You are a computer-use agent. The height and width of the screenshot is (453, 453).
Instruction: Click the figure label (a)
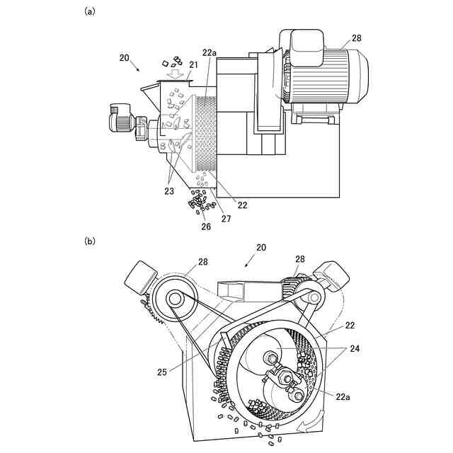[90, 12]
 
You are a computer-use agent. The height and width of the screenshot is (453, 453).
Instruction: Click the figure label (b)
[90, 241]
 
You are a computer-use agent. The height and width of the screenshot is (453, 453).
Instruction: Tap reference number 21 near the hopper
[193, 65]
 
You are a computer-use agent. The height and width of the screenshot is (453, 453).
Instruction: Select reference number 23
[169, 191]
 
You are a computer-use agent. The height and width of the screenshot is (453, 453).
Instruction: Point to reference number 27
[226, 219]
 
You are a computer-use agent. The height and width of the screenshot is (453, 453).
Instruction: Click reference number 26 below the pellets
[206, 226]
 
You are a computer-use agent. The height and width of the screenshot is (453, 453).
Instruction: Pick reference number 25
[162, 372]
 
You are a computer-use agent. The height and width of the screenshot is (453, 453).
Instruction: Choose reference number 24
[355, 349]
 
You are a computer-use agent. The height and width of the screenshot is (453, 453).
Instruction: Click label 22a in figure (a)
[210, 52]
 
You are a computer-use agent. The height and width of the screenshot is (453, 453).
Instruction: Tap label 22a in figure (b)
[343, 397]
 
